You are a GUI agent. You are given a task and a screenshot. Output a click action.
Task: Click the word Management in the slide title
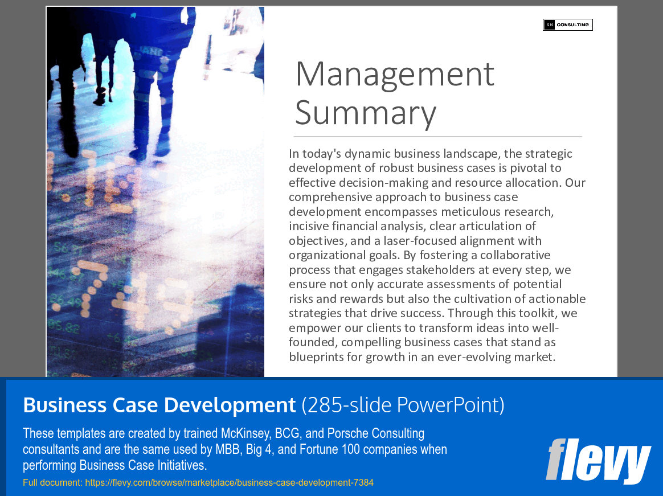point(395,74)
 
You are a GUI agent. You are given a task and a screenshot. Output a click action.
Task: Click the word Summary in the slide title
point(365,113)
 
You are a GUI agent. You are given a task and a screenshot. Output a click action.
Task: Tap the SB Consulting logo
point(567,24)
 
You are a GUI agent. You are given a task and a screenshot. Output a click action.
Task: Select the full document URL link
point(229,483)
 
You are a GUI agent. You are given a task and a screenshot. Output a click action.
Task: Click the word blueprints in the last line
point(317,357)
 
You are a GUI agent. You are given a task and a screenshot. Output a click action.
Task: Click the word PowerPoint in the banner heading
point(450,405)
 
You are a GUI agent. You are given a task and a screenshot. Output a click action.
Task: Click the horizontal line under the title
point(437,137)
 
